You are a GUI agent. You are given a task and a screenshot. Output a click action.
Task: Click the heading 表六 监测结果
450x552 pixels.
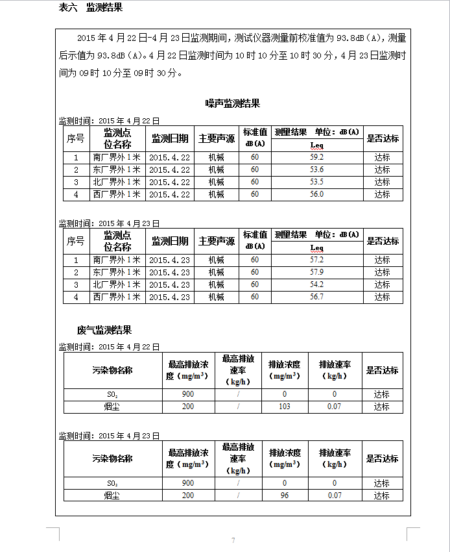pyautogui.click(x=91, y=8)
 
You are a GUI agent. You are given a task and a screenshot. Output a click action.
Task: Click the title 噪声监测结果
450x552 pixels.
pyautogui.click(x=233, y=103)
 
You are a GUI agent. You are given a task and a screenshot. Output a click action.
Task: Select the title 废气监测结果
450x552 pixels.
pyautogui.click(x=104, y=331)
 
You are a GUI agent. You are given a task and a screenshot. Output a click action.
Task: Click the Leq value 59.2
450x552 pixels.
pyautogui.click(x=316, y=157)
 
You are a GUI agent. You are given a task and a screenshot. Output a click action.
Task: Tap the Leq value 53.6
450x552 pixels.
pyautogui.click(x=316, y=169)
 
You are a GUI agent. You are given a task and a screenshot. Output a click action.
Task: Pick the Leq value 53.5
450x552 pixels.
pyautogui.click(x=316, y=182)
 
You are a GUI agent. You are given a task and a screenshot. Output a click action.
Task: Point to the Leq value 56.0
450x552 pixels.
pyautogui.click(x=316, y=194)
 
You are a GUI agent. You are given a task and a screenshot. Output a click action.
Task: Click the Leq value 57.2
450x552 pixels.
pyautogui.click(x=316, y=260)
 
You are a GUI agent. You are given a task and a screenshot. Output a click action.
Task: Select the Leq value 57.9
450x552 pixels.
pyautogui.click(x=316, y=272)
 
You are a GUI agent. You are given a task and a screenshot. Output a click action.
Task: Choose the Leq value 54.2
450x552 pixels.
pyautogui.click(x=316, y=284)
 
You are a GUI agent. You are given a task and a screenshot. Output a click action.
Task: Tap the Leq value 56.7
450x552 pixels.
pyautogui.click(x=316, y=297)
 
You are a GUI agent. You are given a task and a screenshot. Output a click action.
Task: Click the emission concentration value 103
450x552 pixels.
pyautogui.click(x=284, y=407)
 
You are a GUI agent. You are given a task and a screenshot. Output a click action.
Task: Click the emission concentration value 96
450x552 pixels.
pyautogui.click(x=284, y=496)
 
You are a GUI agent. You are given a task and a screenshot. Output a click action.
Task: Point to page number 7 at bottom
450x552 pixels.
pyautogui.click(x=233, y=540)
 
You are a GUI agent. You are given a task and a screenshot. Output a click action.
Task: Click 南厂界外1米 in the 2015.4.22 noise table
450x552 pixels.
pyautogui.click(x=117, y=157)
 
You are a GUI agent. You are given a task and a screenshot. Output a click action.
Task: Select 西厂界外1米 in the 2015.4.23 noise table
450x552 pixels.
pyautogui.click(x=117, y=297)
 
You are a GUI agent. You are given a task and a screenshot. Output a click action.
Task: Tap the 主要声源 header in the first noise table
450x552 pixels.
pyautogui.click(x=217, y=138)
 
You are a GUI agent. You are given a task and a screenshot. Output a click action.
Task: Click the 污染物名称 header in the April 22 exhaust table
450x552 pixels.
pyautogui.click(x=113, y=370)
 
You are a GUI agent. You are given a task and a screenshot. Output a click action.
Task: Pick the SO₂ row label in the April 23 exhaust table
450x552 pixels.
pyautogui.click(x=113, y=483)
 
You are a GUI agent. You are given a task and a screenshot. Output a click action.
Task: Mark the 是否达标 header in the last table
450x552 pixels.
pyautogui.click(x=382, y=458)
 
